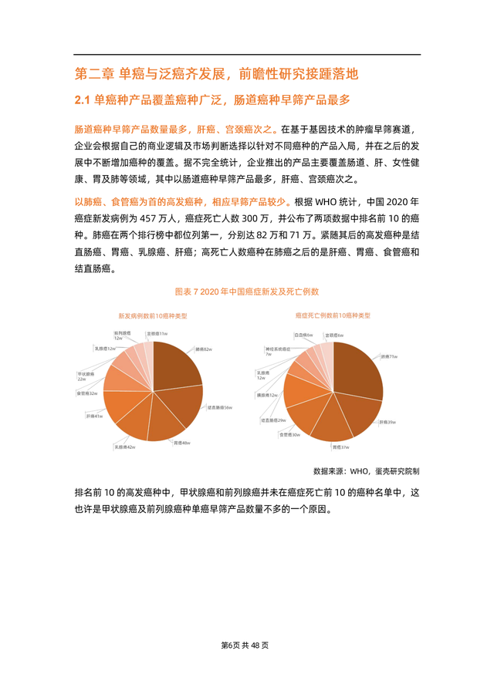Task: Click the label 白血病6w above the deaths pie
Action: pos(304,335)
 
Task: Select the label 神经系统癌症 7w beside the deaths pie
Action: pos(276,351)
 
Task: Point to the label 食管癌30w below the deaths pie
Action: pos(289,435)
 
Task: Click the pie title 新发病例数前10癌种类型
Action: pos(152,315)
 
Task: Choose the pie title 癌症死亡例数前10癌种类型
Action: pos(333,315)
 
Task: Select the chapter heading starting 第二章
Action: pos(217,75)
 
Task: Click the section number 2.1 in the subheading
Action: pos(83,99)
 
